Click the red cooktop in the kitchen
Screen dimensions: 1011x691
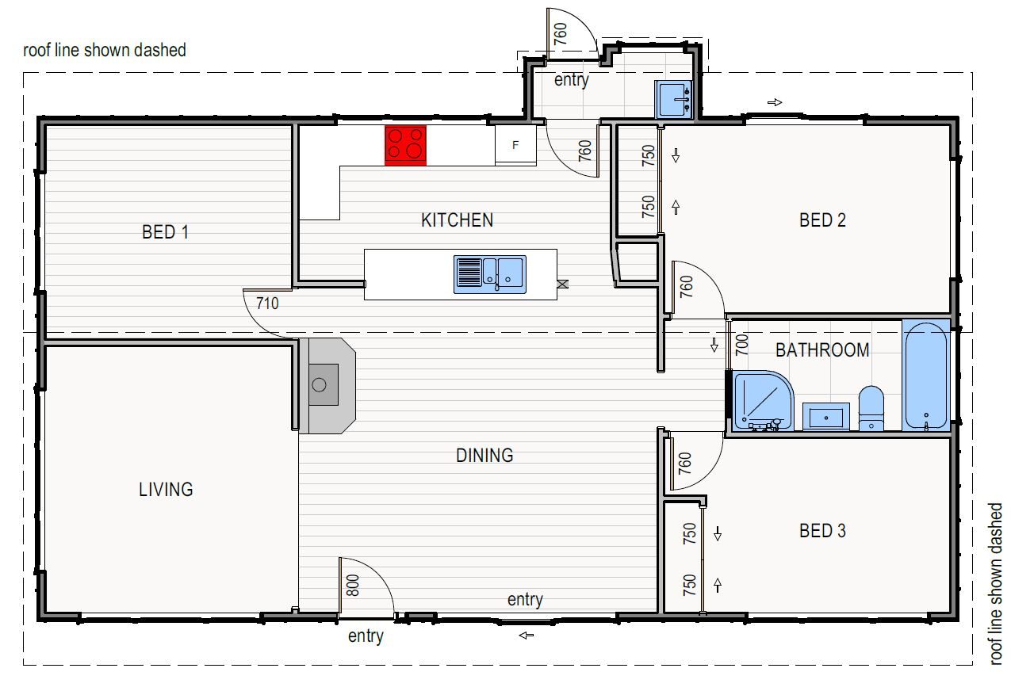pos(405,145)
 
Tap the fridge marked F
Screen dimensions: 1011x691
pos(515,145)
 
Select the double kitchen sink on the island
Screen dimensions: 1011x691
pos(490,274)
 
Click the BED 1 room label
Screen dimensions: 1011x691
pos(165,232)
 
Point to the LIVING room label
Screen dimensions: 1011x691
pos(166,490)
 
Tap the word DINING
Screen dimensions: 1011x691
pos(484,456)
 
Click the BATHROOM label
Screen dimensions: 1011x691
pos(822,350)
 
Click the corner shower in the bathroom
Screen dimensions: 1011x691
pos(764,400)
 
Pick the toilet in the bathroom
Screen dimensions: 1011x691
pos(871,408)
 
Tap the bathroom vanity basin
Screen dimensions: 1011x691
pos(826,417)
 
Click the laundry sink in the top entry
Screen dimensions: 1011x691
pos(673,100)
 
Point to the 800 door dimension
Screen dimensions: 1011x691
pos(353,585)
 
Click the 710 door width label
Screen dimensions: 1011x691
pos(267,304)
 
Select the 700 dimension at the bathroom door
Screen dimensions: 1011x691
pos(741,345)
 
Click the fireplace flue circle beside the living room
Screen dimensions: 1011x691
pos(319,385)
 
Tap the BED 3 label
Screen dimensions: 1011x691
pos(822,531)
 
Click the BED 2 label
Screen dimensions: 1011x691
pos(822,220)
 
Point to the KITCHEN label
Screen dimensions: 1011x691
pos(457,220)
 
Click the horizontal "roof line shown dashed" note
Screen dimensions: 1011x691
pos(104,50)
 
